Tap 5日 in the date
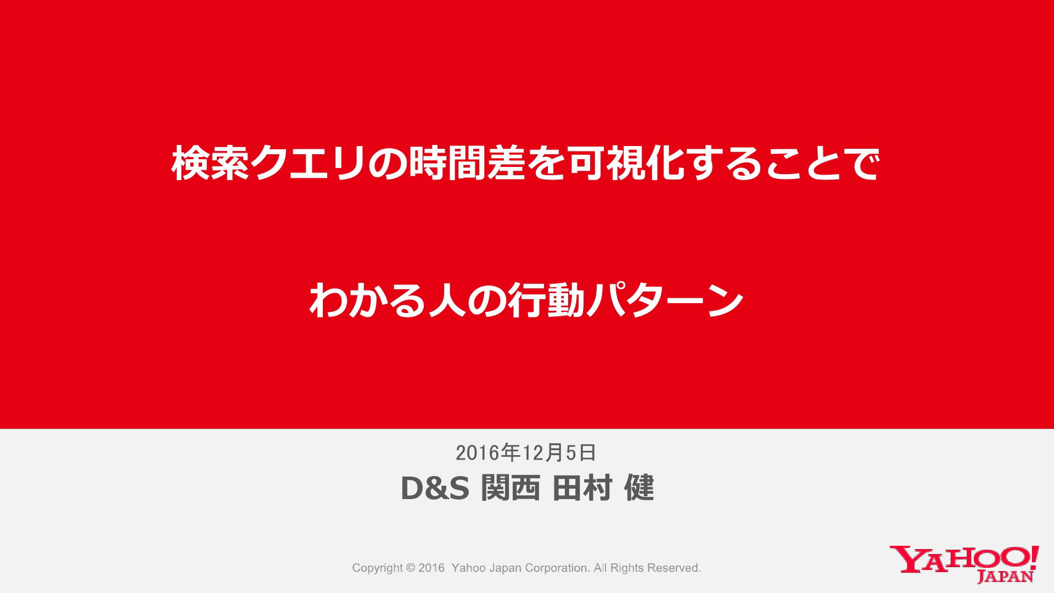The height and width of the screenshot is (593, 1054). click(x=581, y=452)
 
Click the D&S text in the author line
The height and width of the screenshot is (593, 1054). click(x=435, y=488)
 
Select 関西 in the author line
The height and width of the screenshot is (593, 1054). click(x=511, y=488)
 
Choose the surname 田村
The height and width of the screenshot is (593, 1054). click(x=582, y=488)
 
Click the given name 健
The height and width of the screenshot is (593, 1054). click(x=640, y=488)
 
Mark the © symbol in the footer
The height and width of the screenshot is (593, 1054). click(x=411, y=568)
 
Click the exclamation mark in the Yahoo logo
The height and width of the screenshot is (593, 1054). click(x=1035, y=557)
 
